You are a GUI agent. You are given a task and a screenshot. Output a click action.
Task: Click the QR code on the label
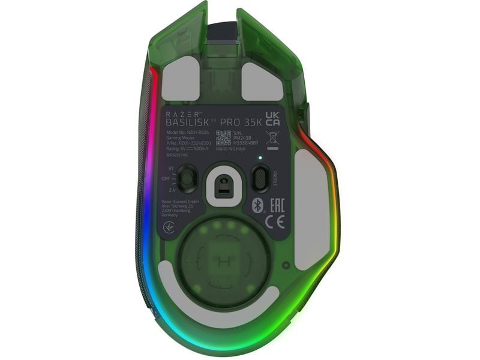pyautogui.click(x=223, y=137)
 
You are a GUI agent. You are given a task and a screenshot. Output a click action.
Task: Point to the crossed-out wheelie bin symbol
pyautogui.click(x=272, y=136)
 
